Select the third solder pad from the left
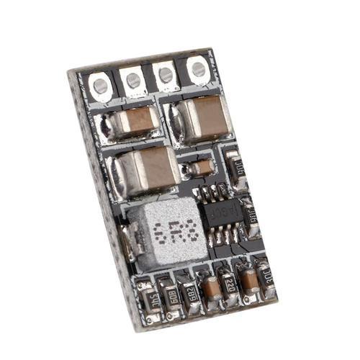pyautogui.click(x=165, y=74)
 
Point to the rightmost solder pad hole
pyautogui.click(x=197, y=69)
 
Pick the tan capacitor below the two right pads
pyautogui.click(x=201, y=114)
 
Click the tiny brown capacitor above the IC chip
pyautogui.click(x=202, y=168)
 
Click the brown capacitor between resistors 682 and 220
pyautogui.click(x=212, y=288)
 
